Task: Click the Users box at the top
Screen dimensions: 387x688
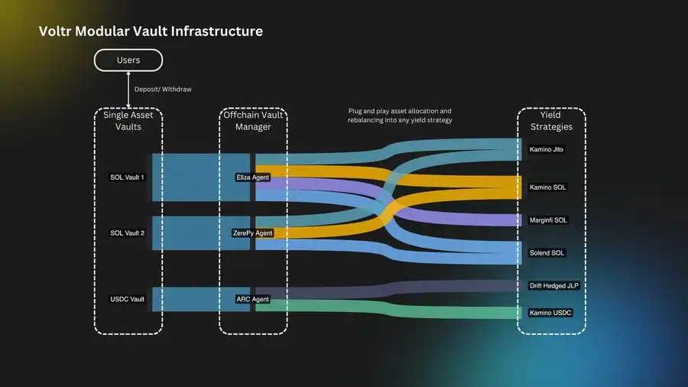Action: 128,60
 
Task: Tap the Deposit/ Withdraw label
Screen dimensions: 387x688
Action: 163,89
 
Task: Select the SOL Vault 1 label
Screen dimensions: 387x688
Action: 128,177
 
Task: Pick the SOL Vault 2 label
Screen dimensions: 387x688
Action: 128,233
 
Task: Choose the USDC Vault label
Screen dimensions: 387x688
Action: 128,299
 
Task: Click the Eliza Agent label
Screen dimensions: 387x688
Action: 252,177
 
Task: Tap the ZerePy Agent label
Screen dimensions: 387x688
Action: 252,233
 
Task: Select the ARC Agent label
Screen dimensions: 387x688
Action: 252,299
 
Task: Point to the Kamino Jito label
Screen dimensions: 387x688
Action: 547,149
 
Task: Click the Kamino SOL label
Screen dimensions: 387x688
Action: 547,187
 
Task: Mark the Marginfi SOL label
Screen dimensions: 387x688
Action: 549,220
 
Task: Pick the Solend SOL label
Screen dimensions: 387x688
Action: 548,252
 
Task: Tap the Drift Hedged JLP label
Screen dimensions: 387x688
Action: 554,285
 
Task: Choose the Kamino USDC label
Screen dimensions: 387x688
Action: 550,313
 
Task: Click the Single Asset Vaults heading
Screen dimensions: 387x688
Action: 128,120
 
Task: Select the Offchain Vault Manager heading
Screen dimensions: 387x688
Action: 253,120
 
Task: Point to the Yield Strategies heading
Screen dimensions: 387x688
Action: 550,120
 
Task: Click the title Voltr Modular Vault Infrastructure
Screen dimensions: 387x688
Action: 151,31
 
